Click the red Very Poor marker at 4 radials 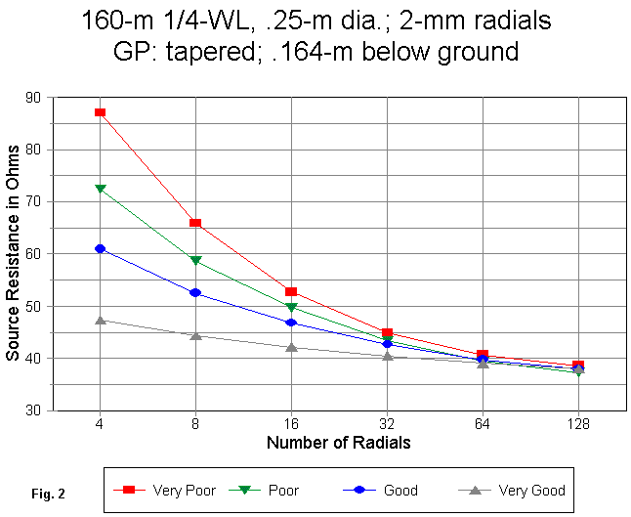(101, 112)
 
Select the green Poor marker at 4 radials (101, 189)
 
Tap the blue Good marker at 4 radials (101, 248)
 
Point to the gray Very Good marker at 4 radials (101, 319)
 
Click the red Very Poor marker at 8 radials (195, 223)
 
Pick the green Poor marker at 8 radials (195, 261)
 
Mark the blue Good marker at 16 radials (291, 323)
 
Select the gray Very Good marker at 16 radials (291, 347)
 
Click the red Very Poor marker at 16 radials (291, 291)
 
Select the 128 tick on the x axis (578, 425)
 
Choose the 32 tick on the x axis (387, 425)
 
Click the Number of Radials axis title (338, 443)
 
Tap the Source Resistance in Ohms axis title (13, 254)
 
